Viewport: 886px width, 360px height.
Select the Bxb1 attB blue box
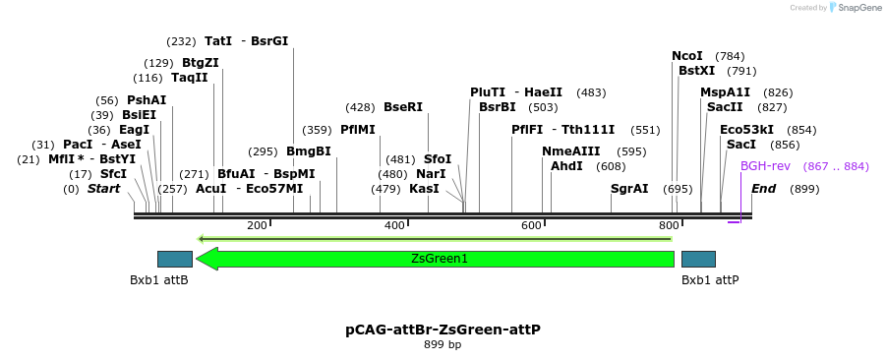pos(174,259)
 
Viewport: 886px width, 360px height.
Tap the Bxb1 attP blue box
pos(698,259)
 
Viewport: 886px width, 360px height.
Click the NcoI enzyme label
pos(687,56)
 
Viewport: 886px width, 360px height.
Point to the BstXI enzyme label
pos(696,71)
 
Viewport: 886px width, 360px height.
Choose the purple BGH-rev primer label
pos(765,166)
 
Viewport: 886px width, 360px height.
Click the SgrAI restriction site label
pos(629,188)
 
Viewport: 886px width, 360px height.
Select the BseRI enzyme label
pos(402,107)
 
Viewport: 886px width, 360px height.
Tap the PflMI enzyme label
pos(358,129)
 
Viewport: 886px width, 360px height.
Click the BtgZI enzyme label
pos(200,63)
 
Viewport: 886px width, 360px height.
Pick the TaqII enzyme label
pos(190,78)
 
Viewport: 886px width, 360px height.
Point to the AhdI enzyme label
pos(566,166)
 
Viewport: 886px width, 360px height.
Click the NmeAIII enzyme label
pos(570,151)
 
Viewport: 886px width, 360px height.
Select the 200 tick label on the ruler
pos(258,225)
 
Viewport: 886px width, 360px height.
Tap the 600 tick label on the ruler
pos(532,225)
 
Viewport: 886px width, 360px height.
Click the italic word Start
pos(103,188)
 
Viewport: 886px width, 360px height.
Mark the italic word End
pos(764,188)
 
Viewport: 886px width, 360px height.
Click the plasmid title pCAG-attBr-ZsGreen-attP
pos(443,330)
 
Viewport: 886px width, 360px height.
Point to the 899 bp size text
pos(443,344)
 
